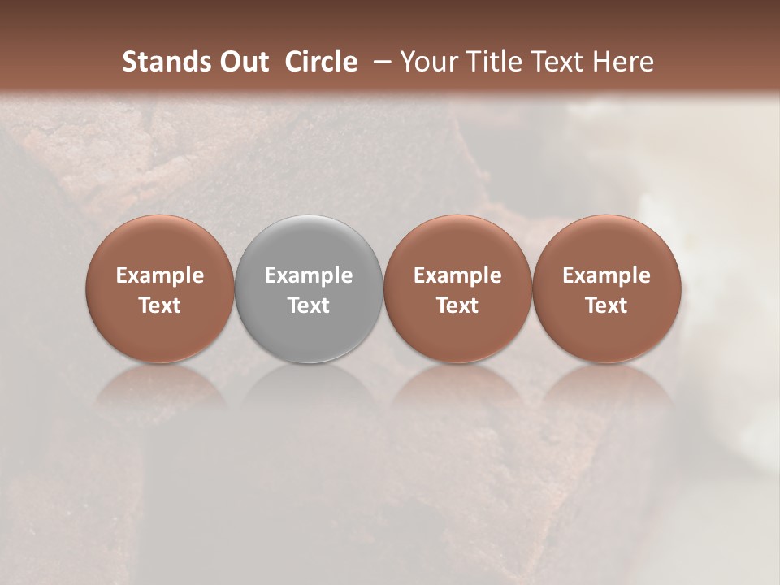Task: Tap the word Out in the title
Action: click(242, 62)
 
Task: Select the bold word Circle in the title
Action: click(321, 62)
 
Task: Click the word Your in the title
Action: click(426, 62)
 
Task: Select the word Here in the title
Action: click(622, 62)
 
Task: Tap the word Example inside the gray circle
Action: click(309, 275)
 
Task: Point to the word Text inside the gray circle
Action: click(309, 305)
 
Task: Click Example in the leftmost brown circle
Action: click(160, 275)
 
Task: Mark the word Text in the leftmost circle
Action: click(160, 305)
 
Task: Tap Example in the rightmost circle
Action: click(607, 275)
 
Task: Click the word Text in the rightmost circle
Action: click(607, 305)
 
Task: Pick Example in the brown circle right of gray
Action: click(457, 275)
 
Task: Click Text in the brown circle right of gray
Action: click(457, 305)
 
